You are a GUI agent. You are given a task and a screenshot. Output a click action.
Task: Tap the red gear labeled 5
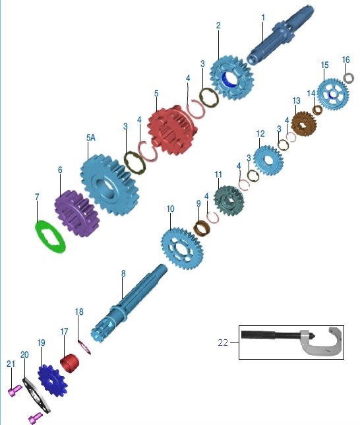pyautogui.click(x=172, y=130)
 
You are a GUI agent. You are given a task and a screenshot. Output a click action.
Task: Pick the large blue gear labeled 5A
pyautogui.click(x=109, y=185)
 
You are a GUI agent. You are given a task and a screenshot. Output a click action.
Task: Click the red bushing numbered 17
pyautogui.click(x=69, y=364)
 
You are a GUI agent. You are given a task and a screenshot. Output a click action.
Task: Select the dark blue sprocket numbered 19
pyautogui.click(x=52, y=381)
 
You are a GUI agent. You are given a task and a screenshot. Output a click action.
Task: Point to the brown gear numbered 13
pyautogui.click(x=304, y=123)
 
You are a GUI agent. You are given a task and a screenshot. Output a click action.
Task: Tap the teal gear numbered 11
pyautogui.click(x=229, y=200)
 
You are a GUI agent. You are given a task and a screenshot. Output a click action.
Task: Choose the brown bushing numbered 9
pyautogui.click(x=202, y=228)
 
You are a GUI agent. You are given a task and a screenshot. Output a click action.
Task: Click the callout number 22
pyautogui.click(x=223, y=343)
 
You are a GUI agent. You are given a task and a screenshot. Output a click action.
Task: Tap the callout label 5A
pyautogui.click(x=91, y=138)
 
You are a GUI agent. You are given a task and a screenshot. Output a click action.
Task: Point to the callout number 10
pyautogui.click(x=170, y=209)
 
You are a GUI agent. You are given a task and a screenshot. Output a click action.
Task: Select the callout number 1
pyautogui.click(x=263, y=18)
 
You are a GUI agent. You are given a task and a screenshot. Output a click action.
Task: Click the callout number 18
pyautogui.click(x=79, y=311)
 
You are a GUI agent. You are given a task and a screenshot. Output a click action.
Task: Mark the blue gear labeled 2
pyautogui.click(x=231, y=77)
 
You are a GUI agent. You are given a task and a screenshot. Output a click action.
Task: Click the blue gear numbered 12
pyautogui.click(x=268, y=160)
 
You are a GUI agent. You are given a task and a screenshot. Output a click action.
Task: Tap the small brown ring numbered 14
pyautogui.click(x=317, y=110)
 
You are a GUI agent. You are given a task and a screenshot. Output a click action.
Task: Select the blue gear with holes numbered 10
pyautogui.click(x=182, y=248)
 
